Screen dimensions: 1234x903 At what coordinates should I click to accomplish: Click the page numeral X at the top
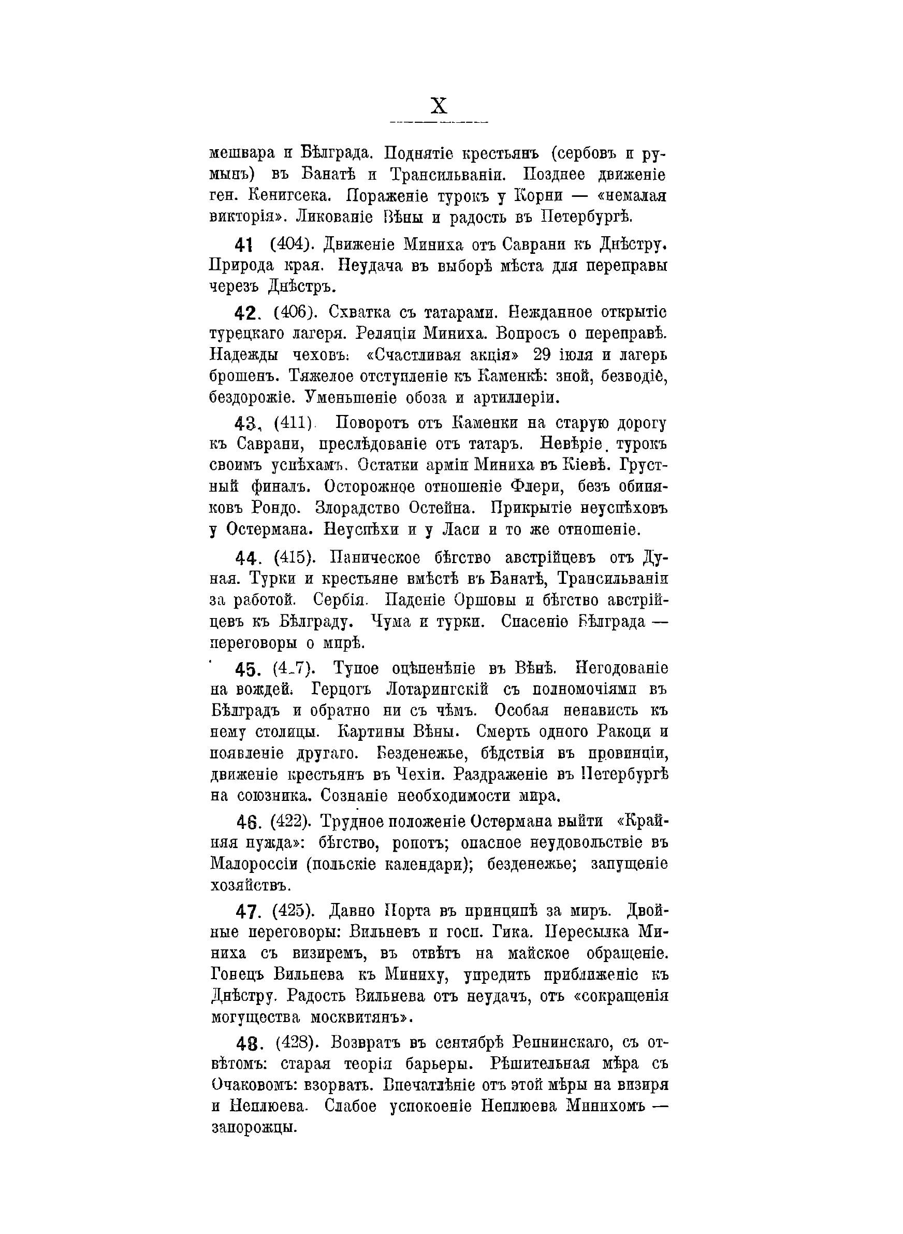coord(439,105)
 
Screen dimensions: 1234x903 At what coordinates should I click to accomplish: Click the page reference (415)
coord(294,557)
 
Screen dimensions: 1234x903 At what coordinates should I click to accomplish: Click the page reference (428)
coord(295,1043)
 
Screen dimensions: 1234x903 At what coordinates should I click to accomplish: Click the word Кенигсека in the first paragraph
coord(288,195)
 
